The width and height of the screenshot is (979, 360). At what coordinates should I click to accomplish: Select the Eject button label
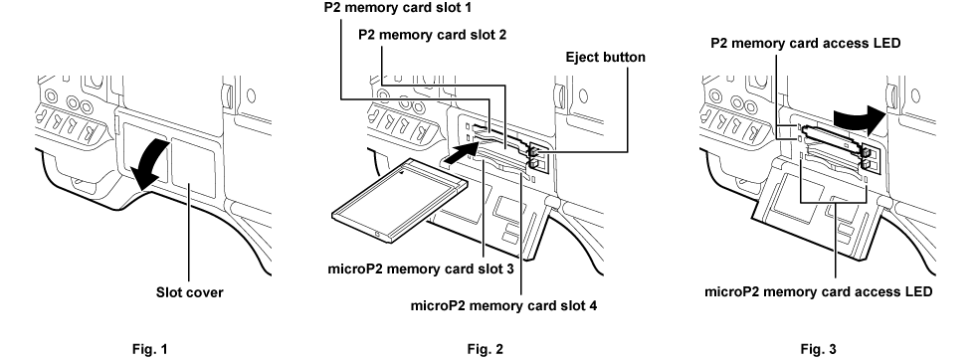pos(605,59)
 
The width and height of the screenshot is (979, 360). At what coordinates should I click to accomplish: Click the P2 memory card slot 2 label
pos(434,34)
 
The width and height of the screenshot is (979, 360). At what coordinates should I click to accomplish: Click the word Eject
pos(582,59)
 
